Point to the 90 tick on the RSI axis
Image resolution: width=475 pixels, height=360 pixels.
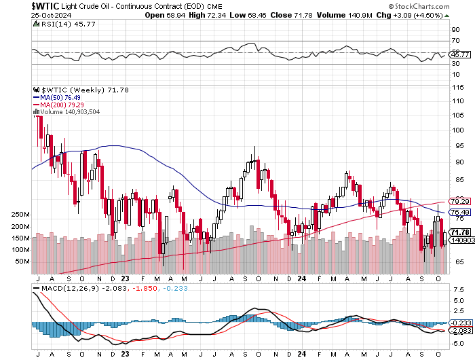pos(456,30)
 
